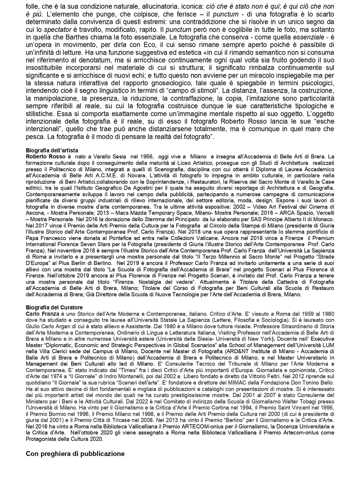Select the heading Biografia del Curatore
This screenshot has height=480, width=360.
click(x=54, y=307)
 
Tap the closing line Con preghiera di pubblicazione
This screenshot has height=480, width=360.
click(x=75, y=454)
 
